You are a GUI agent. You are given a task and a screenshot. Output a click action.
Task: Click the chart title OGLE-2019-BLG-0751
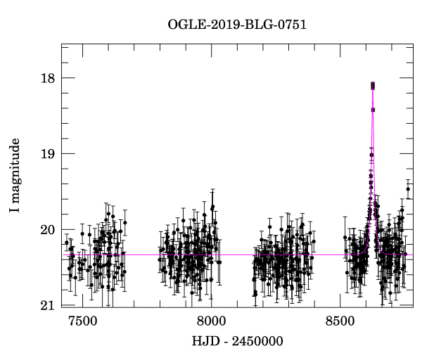coord(237,25)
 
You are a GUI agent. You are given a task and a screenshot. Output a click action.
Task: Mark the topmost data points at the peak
coord(373,85)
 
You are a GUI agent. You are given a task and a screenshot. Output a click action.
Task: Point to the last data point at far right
coord(408,189)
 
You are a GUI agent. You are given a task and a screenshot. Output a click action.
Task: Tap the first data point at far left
coord(67,243)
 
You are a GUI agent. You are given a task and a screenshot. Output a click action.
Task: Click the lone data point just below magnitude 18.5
coord(373,110)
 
